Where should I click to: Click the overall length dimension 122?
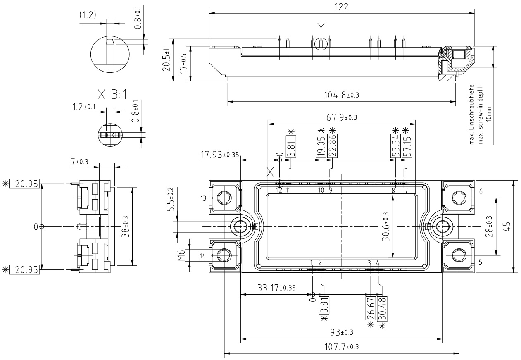pos(342,7)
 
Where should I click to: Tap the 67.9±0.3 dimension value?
pos(342,118)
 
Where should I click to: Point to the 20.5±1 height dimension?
pos(166,61)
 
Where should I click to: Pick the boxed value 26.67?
pos(370,308)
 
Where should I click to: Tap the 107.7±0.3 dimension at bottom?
pos(341,346)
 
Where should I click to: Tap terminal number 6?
pos(481,192)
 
